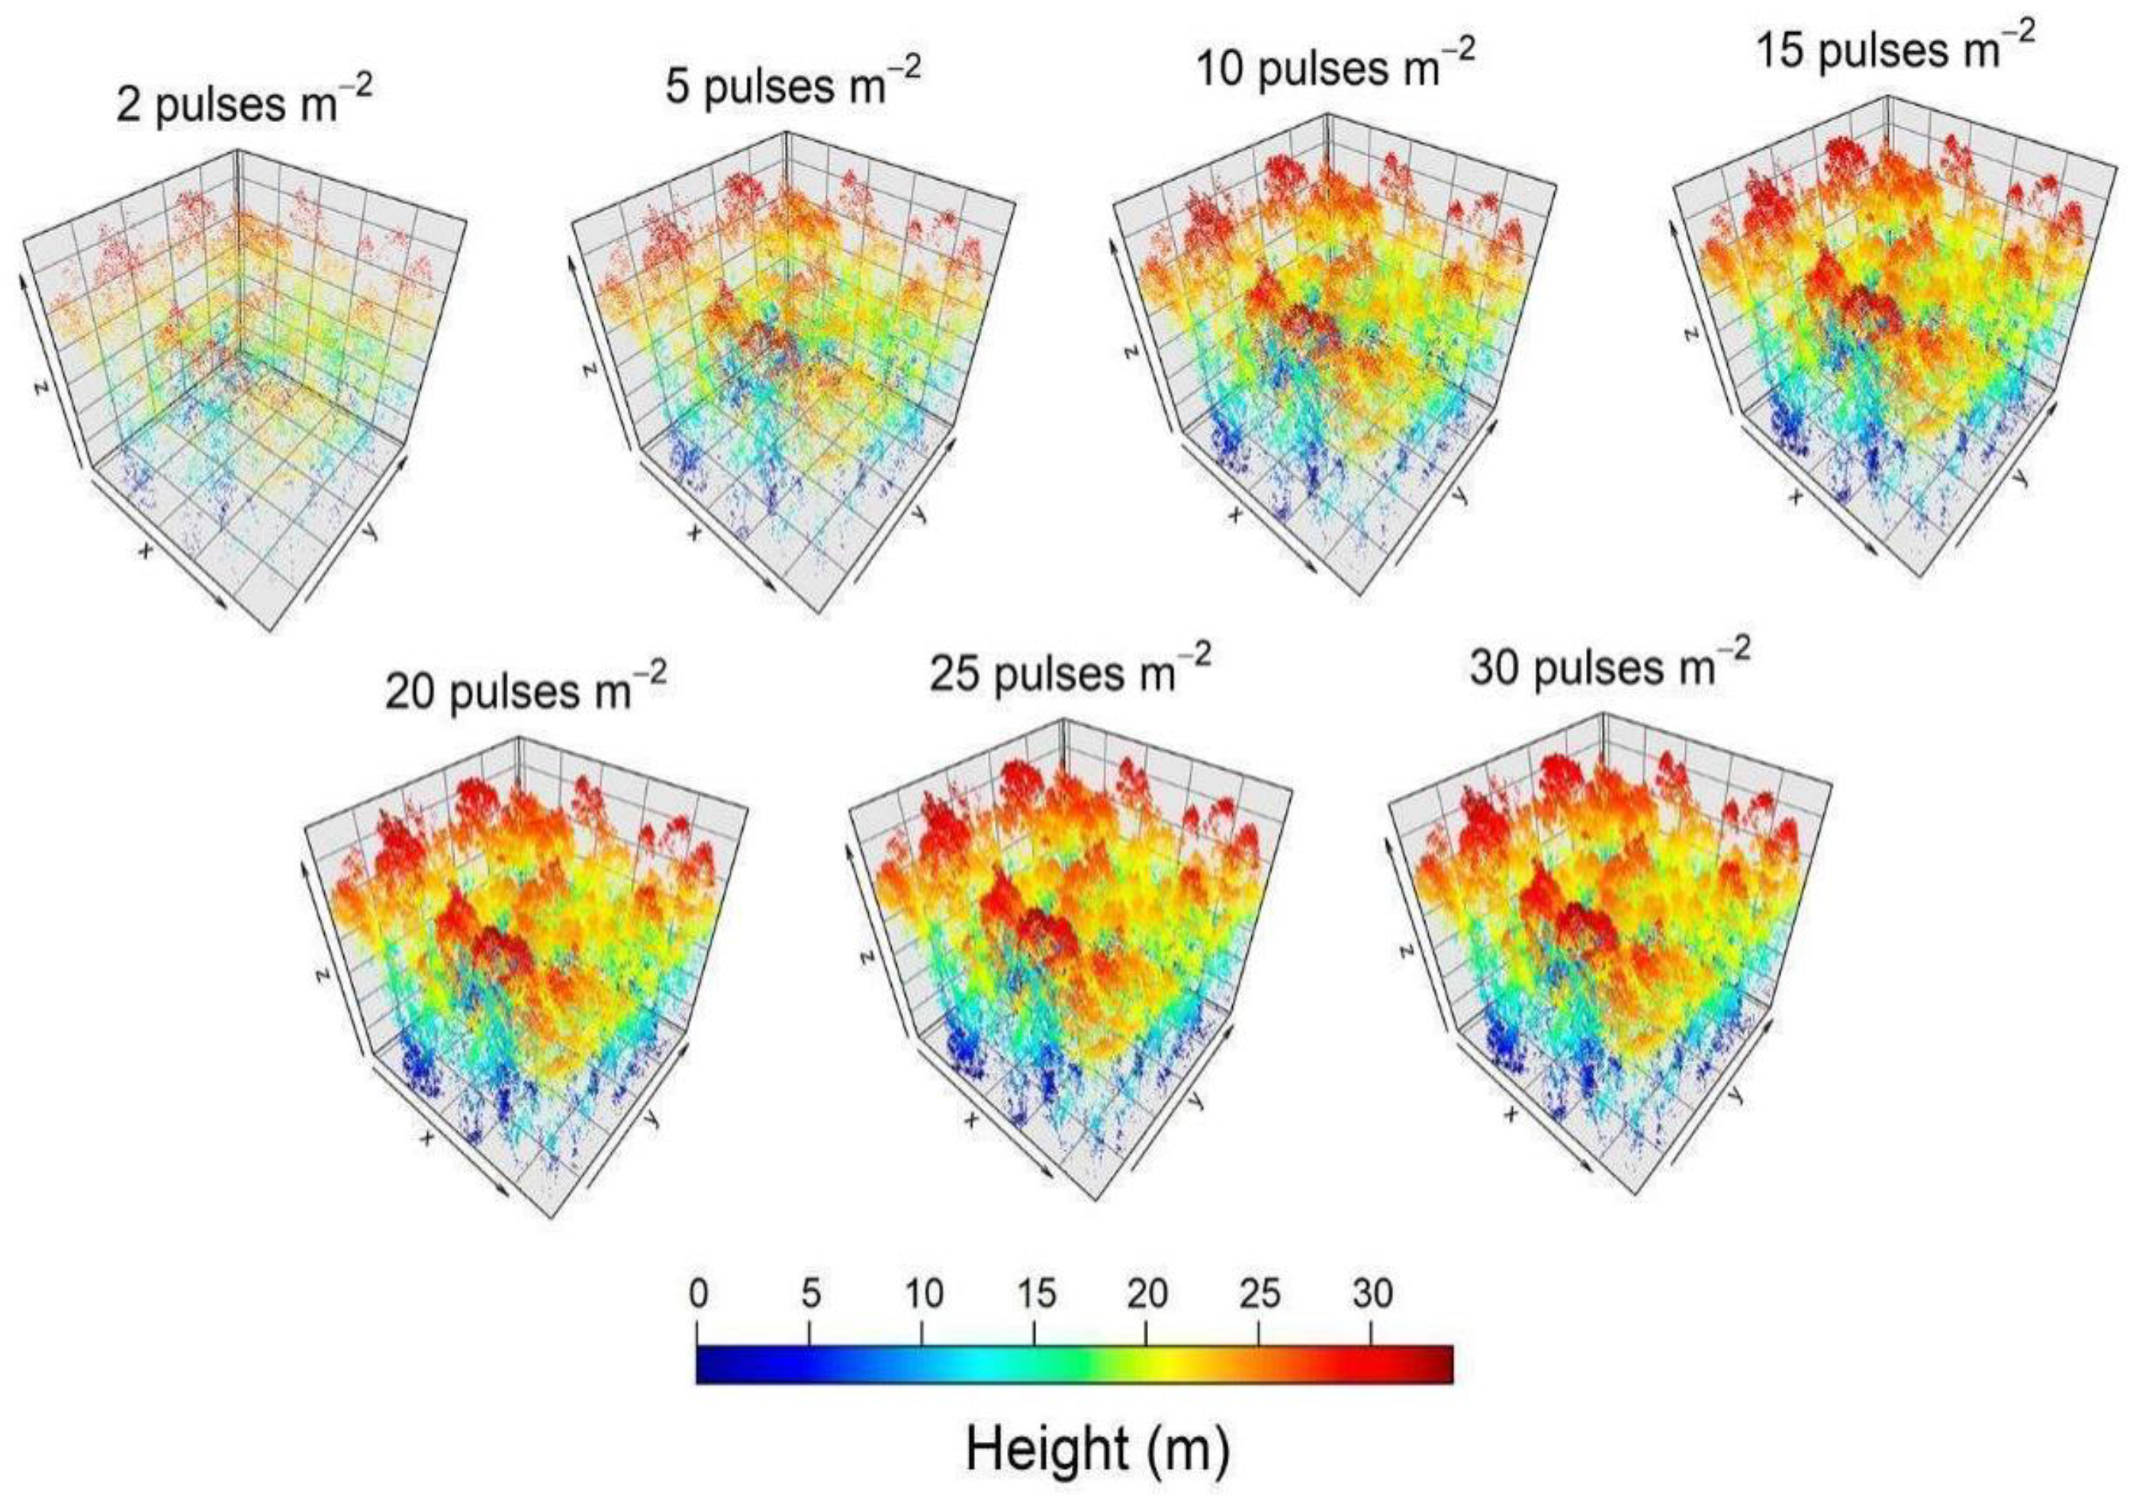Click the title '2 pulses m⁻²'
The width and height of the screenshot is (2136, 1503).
244,102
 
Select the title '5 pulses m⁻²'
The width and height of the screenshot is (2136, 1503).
793,84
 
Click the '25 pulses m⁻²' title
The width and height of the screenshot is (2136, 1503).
1070,672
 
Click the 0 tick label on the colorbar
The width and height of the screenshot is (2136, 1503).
698,1294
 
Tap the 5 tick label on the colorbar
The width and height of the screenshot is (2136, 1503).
810,1294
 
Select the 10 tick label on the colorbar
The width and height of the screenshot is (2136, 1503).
923,1294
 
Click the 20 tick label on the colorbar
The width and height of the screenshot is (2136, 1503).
1147,1294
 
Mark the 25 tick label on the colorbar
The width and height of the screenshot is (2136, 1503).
1259,1294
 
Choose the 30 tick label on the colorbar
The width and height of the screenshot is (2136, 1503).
1372,1294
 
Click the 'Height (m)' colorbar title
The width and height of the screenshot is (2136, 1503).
1098,1449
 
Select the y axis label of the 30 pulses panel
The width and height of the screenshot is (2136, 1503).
1733,1096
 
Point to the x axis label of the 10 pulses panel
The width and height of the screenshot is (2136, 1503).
1236,514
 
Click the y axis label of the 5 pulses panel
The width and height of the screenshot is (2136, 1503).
919,512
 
